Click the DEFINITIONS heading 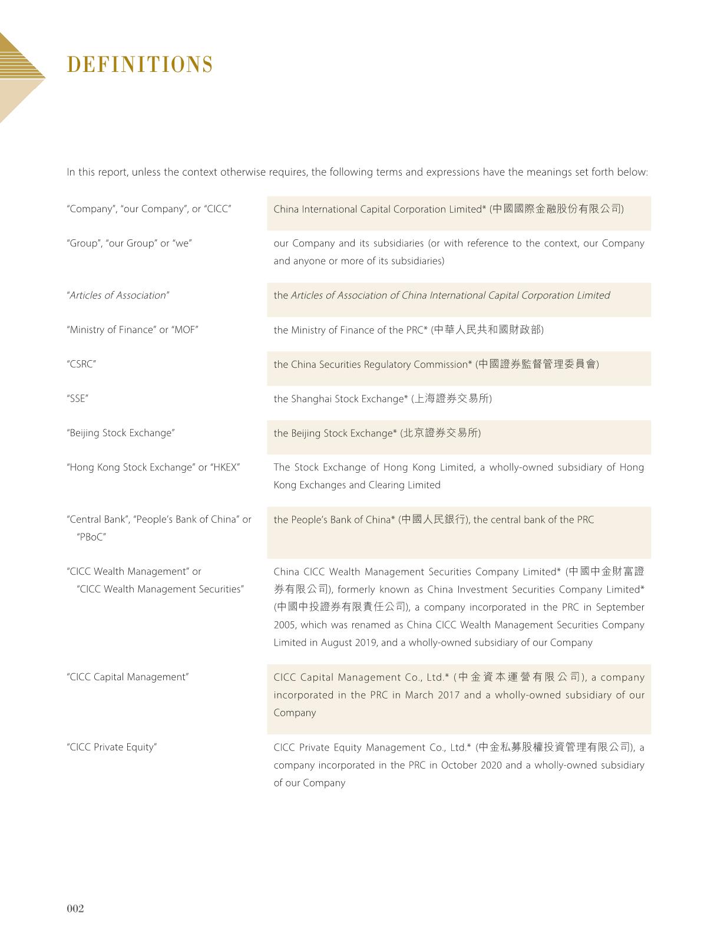[x=140, y=65]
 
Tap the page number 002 [x=75, y=908]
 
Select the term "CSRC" [x=81, y=364]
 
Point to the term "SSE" [x=78, y=398]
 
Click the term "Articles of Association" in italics [x=118, y=295]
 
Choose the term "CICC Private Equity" [x=112, y=747]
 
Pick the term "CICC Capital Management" [x=128, y=677]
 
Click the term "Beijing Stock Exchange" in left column [x=121, y=433]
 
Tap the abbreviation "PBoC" [x=91, y=537]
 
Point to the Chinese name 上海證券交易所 [x=451, y=399]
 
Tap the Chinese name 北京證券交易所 [x=441, y=433]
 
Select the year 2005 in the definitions [x=284, y=625]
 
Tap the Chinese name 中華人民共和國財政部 [x=487, y=330]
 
